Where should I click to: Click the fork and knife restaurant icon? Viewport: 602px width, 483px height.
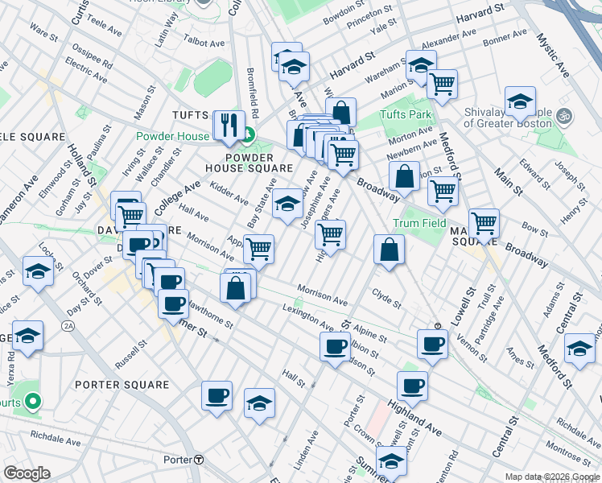[x=228, y=125]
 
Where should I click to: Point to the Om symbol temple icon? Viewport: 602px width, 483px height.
[x=563, y=115]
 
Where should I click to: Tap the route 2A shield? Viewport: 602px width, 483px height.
[x=68, y=326]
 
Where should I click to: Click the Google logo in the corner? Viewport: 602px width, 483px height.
[x=27, y=473]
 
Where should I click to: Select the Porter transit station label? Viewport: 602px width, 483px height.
[x=183, y=460]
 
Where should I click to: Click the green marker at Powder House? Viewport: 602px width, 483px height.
[x=249, y=135]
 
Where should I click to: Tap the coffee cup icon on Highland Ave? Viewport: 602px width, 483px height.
[x=412, y=386]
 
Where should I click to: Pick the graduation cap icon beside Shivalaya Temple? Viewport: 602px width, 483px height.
[x=521, y=101]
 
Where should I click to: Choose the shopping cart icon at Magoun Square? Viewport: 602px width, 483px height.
[x=484, y=222]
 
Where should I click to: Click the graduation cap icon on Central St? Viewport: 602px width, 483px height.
[x=579, y=348]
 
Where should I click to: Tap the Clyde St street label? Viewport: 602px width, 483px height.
[x=386, y=299]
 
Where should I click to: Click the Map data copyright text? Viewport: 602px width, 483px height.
[x=551, y=477]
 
